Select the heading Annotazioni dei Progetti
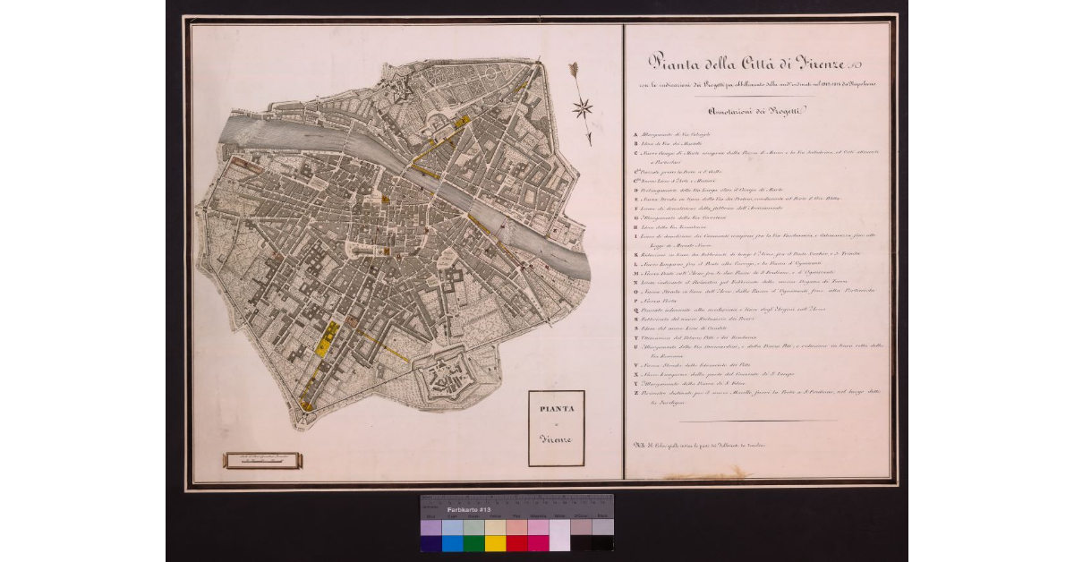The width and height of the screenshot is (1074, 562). (756, 111)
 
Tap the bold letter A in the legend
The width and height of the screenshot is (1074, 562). (635, 133)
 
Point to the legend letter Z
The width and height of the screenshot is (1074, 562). (635, 392)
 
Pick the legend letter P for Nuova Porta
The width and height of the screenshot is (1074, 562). (635, 302)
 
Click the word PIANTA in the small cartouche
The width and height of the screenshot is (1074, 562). (556, 410)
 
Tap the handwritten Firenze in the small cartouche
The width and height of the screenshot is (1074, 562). (556, 439)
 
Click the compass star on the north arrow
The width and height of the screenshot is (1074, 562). (583, 108)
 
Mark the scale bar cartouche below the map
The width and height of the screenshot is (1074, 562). (263, 461)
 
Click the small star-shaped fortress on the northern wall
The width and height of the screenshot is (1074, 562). (397, 90)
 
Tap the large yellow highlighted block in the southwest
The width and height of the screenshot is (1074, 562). (328, 341)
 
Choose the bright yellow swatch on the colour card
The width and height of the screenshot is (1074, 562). (495, 542)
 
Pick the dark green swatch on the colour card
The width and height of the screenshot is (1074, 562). (473, 542)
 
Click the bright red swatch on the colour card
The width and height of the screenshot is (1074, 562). (516, 542)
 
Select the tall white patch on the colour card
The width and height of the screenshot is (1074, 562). (559, 535)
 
